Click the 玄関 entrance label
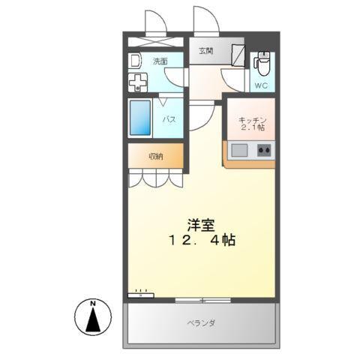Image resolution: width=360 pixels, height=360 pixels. coord(205,51)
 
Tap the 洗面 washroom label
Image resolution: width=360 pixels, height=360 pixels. coord(160,61)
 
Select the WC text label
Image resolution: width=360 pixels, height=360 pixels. coord(261,85)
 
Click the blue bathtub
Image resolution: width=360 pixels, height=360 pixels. coord(141,118)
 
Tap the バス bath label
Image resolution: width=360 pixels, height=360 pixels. coord(170,119)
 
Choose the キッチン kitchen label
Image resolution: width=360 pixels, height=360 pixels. coord(252,120)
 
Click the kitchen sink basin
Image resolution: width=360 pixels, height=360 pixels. coord(239,150)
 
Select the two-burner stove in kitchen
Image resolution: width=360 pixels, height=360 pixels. coord(264,150)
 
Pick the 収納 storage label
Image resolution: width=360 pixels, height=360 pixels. coord(154,156)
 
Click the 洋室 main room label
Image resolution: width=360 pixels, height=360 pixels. coord(200,223)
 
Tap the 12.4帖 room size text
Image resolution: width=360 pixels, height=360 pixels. coord(200,241)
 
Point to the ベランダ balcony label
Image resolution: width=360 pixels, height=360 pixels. coord(201,323)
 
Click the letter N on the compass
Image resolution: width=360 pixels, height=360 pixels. coord(93,303)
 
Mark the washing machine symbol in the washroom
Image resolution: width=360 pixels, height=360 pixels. coord(138,82)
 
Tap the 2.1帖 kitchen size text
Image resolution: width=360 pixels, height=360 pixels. coord(252,128)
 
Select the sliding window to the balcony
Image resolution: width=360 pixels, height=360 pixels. coord(202,299)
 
